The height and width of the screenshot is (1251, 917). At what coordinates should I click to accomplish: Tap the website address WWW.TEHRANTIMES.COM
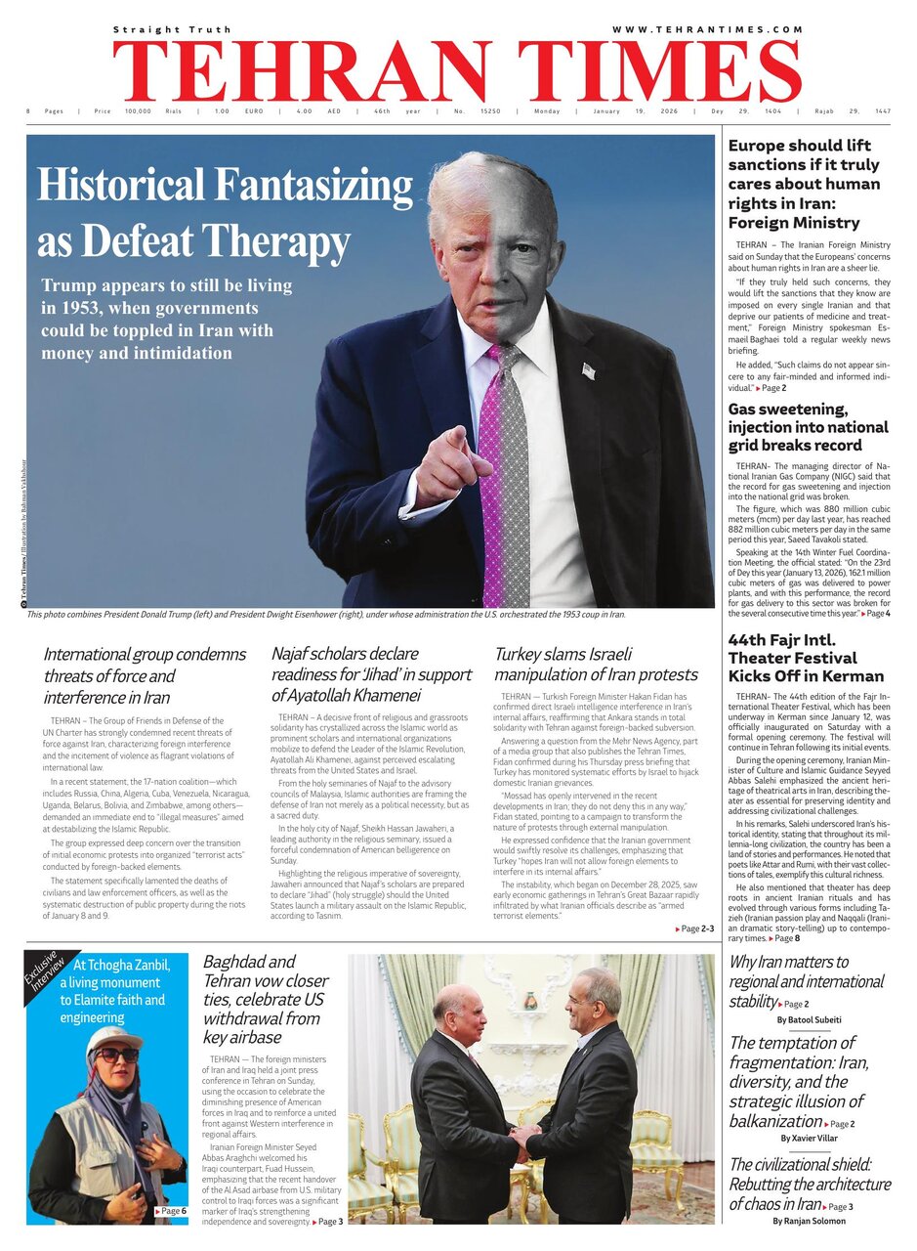pyautogui.click(x=707, y=30)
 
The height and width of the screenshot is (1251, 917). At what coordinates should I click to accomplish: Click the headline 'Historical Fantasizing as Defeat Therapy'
pyautogui.click(x=225, y=213)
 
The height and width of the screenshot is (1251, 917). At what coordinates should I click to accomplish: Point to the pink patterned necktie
pyautogui.click(x=506, y=469)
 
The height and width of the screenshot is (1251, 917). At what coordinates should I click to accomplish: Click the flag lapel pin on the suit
pyautogui.click(x=588, y=370)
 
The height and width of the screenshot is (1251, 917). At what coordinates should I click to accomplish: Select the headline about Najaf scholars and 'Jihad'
pyautogui.click(x=371, y=674)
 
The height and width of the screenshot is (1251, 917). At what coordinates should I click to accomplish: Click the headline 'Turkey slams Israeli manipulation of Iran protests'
pyautogui.click(x=596, y=664)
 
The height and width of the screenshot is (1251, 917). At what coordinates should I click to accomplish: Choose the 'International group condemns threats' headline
pyautogui.click(x=145, y=675)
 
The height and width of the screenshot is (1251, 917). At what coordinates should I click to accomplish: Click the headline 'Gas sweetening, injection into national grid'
pyautogui.click(x=808, y=427)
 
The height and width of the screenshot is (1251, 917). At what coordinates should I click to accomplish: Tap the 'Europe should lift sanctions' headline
pyautogui.click(x=806, y=184)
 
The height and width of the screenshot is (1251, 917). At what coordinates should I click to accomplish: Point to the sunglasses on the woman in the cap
pyautogui.click(x=116, y=1055)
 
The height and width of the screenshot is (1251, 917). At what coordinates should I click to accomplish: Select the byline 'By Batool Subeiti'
pyautogui.click(x=810, y=1019)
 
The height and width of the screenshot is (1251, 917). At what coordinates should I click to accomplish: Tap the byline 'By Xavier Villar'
pyautogui.click(x=810, y=1139)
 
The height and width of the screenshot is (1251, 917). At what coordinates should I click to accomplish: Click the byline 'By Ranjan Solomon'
pyautogui.click(x=810, y=1221)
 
